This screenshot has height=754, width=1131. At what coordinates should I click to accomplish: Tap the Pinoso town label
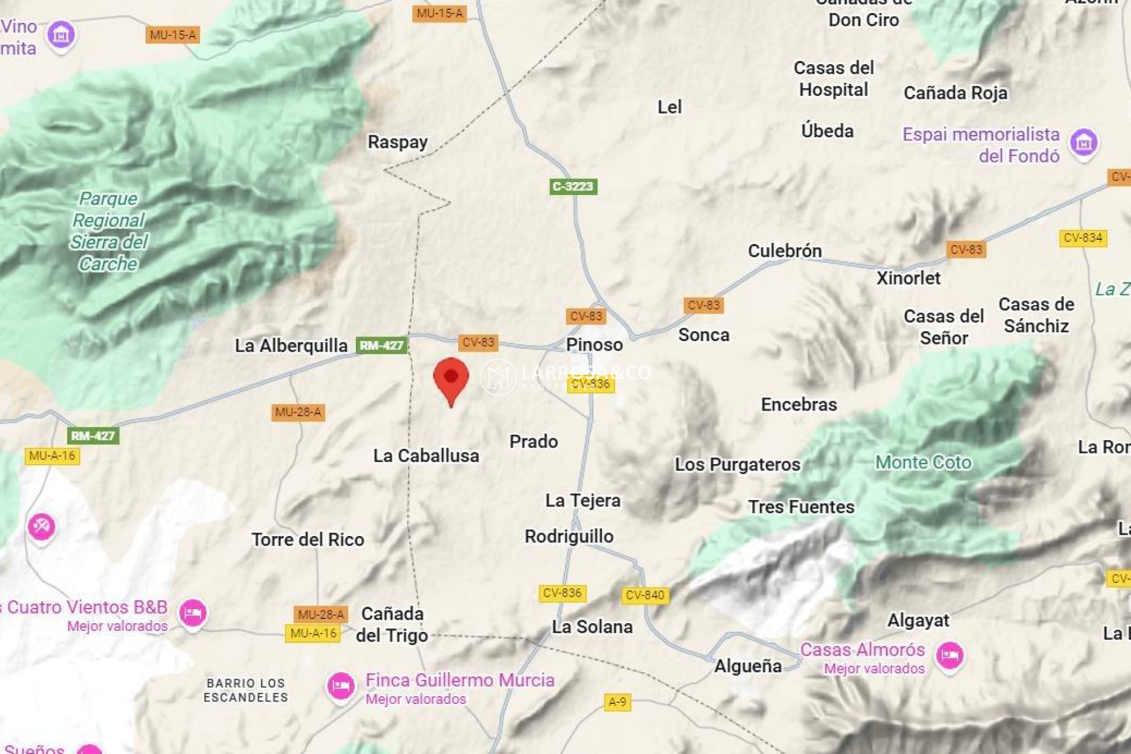(x=594, y=345)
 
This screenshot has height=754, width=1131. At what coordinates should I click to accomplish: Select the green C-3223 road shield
(x=573, y=187)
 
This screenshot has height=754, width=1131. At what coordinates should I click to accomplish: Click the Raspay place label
(x=398, y=142)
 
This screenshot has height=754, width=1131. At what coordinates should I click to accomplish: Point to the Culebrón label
(x=785, y=251)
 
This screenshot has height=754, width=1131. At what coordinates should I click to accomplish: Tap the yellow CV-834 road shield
(x=1083, y=238)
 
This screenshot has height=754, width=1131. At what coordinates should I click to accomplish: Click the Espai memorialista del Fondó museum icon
(x=1084, y=142)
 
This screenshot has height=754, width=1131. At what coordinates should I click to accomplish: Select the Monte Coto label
(x=923, y=462)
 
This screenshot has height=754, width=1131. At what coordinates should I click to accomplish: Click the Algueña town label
(x=748, y=666)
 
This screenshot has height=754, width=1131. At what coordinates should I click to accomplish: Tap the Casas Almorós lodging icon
(x=950, y=655)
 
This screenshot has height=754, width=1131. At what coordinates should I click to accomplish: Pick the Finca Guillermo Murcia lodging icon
(x=340, y=686)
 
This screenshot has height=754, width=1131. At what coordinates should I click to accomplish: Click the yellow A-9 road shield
(x=617, y=702)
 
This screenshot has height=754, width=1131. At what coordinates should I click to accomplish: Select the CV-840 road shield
(x=645, y=595)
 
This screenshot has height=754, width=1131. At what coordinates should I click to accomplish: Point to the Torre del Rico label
(x=307, y=540)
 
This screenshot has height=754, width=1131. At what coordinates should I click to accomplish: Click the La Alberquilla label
(x=291, y=346)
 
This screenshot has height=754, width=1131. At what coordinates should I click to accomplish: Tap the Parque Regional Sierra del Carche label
(x=108, y=231)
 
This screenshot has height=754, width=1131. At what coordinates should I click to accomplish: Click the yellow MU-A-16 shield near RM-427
(x=52, y=456)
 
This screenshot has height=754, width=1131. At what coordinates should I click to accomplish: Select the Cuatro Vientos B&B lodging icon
(x=193, y=613)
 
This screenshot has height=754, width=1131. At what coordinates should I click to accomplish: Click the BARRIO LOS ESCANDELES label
(x=246, y=690)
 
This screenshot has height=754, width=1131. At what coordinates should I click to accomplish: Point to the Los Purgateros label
(x=737, y=465)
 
